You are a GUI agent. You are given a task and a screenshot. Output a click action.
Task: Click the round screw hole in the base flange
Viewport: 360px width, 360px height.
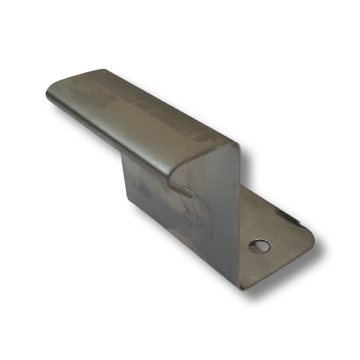260,246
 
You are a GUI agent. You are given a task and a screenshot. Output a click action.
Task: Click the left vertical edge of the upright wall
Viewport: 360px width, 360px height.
126,180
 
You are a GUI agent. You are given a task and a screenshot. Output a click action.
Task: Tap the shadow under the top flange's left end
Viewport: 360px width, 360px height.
58,108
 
